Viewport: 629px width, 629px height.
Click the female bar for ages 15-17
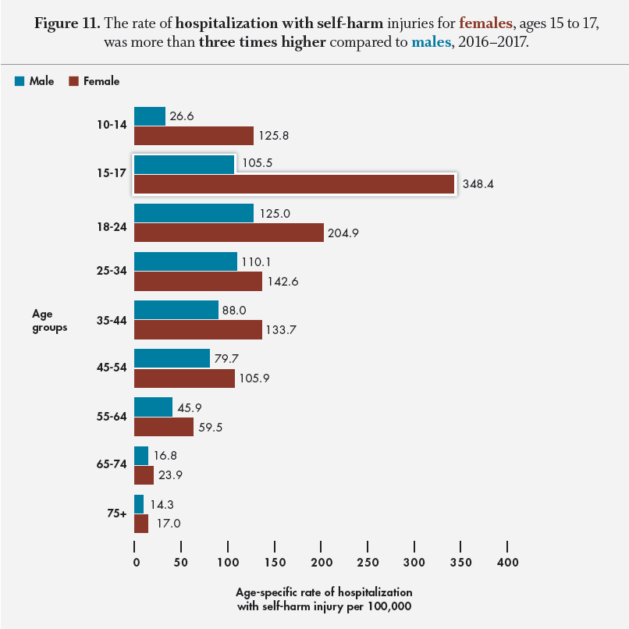(294, 184)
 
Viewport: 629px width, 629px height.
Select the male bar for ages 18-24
(194, 213)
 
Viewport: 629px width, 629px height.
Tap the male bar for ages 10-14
(150, 116)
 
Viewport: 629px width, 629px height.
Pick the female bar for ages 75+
(141, 524)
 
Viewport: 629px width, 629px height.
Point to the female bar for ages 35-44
(198, 329)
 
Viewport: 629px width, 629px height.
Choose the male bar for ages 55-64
(153, 407)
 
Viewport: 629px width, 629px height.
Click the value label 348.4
(478, 185)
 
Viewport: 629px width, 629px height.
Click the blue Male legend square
(20, 80)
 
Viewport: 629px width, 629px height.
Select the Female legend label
(103, 80)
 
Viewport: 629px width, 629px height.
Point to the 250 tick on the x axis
(368, 562)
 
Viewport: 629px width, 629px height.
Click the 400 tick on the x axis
(507, 562)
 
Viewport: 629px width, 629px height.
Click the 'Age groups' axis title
(49, 320)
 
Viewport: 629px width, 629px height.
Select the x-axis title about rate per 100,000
(324, 599)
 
